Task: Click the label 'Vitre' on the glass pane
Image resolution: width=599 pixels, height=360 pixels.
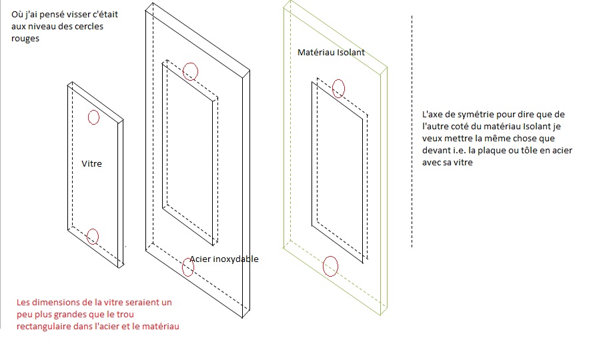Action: pyautogui.click(x=91, y=163)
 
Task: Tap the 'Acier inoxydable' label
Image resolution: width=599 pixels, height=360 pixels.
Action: pyautogui.click(x=224, y=259)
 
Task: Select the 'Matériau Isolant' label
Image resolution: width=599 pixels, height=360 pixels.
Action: pyautogui.click(x=331, y=52)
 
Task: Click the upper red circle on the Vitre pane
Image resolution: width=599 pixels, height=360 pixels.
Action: pyautogui.click(x=93, y=117)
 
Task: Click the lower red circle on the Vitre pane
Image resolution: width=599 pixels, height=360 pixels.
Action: pyautogui.click(x=93, y=236)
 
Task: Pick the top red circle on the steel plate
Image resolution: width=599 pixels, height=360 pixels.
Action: pyautogui.click(x=191, y=71)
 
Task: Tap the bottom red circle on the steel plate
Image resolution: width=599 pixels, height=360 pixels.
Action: pyautogui.click(x=188, y=267)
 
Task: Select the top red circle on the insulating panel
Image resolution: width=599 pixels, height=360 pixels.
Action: pyautogui.click(x=339, y=88)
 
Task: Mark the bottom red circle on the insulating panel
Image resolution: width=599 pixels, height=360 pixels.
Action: pyautogui.click(x=331, y=266)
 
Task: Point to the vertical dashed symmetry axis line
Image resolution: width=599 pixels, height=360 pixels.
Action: pyautogui.click(x=412, y=133)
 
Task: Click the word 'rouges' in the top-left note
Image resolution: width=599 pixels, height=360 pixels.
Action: pyautogui.click(x=25, y=39)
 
